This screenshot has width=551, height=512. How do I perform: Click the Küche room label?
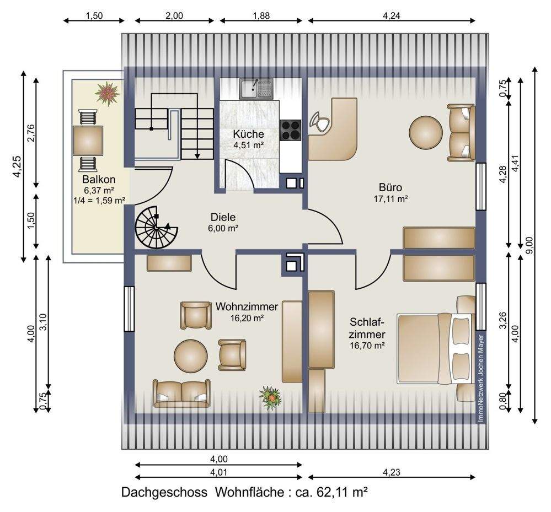point(248,134)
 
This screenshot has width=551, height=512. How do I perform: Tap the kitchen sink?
point(256,89)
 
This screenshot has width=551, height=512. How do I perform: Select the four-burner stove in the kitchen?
point(291,130)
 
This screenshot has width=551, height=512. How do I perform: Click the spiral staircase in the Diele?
point(157,228)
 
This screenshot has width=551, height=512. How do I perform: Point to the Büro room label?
point(390,187)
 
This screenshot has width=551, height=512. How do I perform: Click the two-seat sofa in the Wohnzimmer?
point(181,394)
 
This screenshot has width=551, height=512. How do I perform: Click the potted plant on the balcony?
point(108,93)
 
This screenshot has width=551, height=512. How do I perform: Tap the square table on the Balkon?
point(88,140)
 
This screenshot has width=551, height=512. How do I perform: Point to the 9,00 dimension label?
point(529,245)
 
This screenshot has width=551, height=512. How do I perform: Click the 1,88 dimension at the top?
point(261,15)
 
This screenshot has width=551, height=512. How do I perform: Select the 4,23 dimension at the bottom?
point(392,472)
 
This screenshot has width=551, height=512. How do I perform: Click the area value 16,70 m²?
point(367,346)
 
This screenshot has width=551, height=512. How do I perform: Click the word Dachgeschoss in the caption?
point(164,493)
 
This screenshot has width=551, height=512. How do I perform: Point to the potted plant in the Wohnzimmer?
point(270,398)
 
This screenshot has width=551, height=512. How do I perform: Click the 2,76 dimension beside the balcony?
point(31,133)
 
